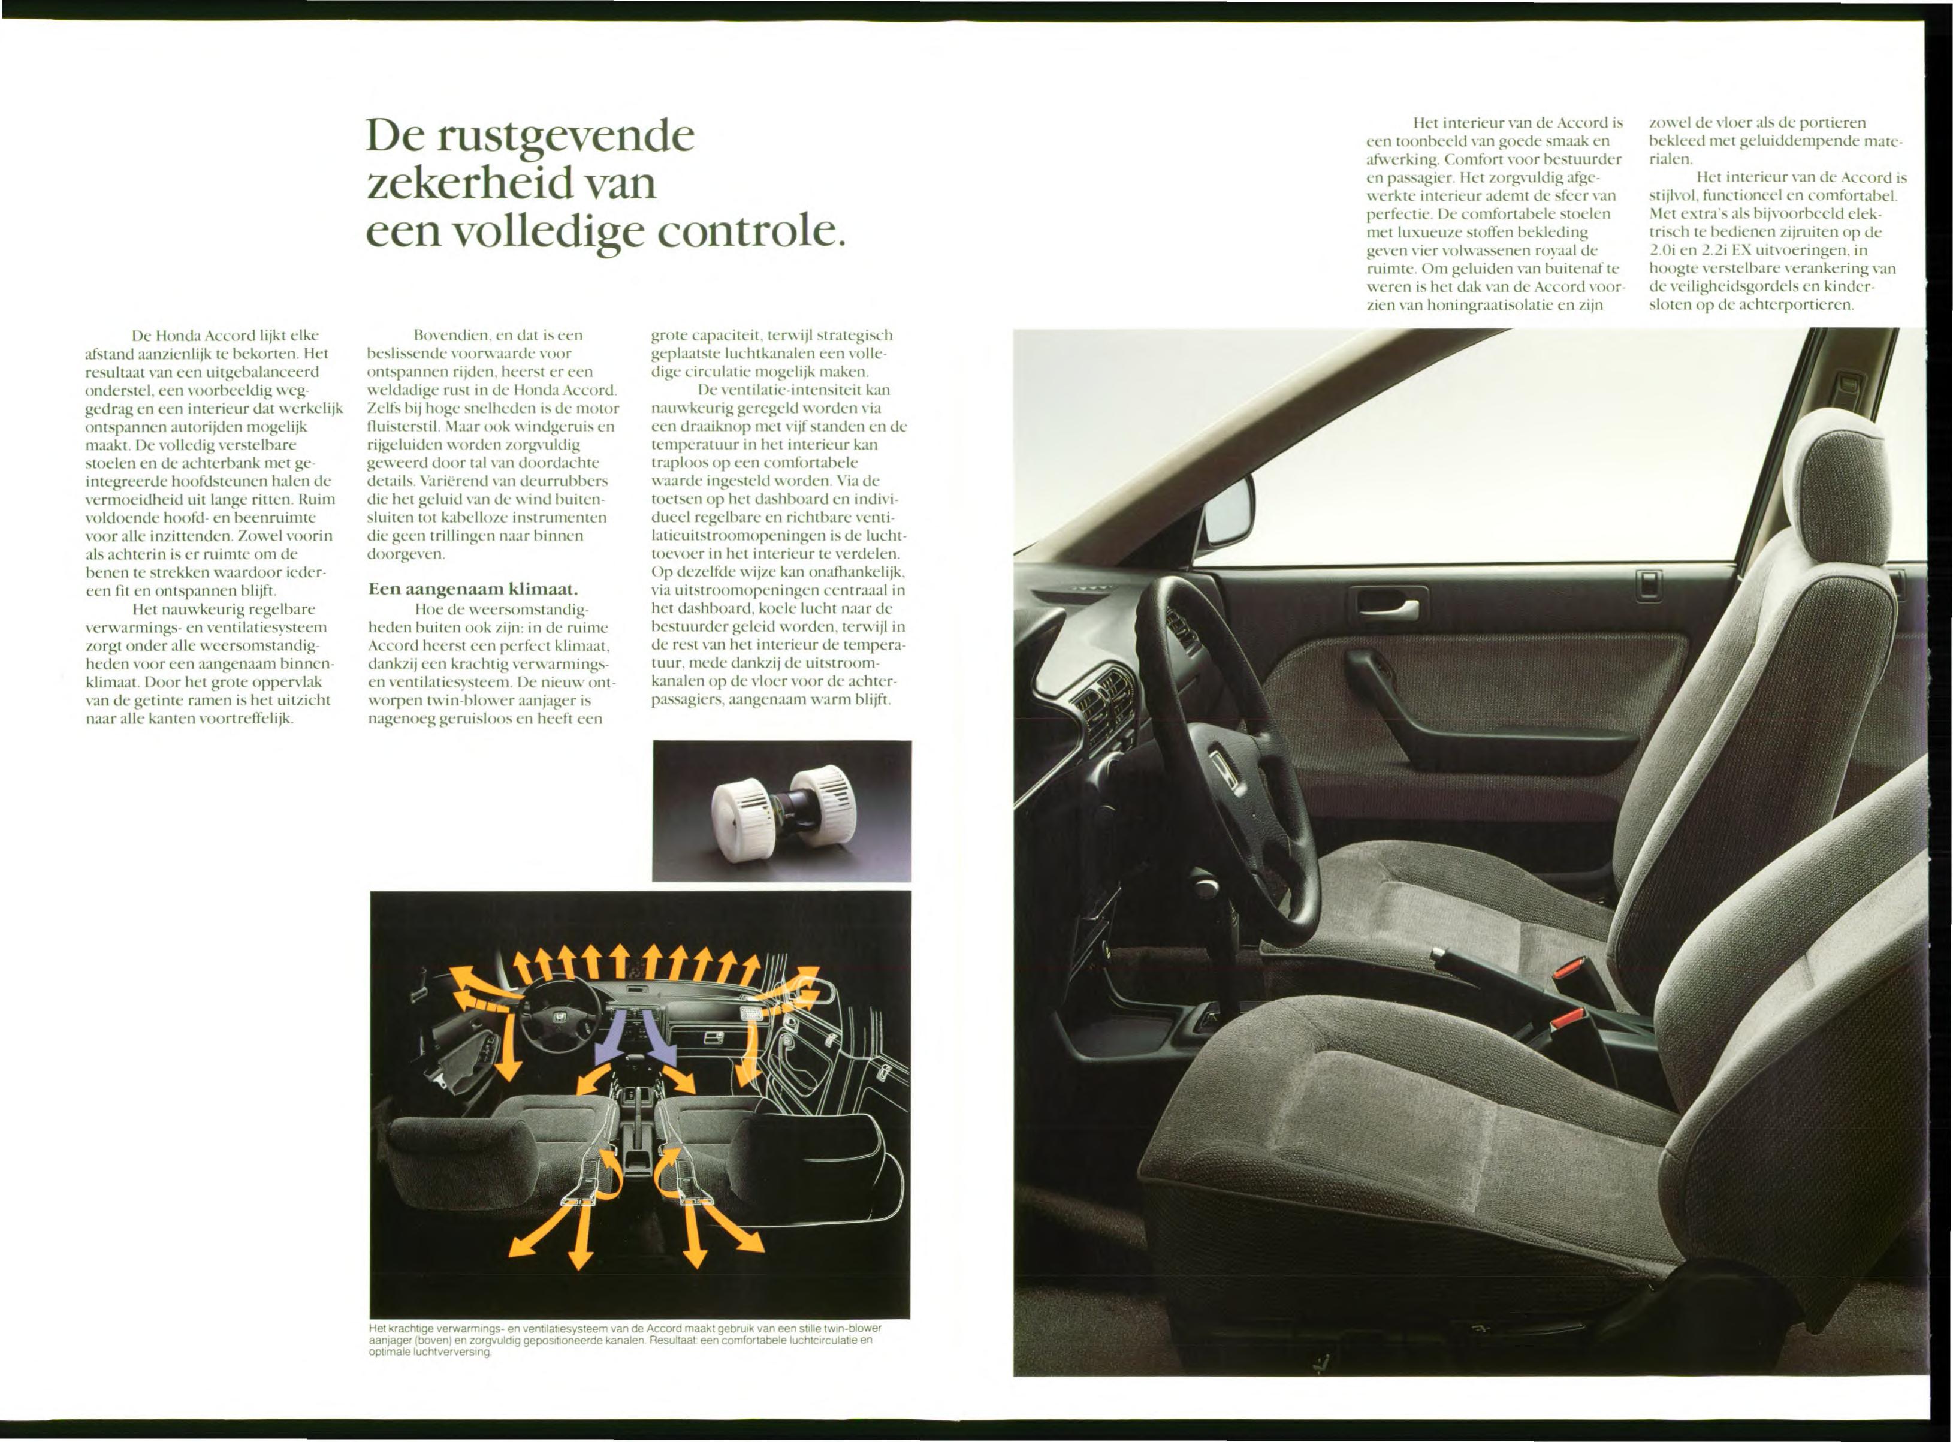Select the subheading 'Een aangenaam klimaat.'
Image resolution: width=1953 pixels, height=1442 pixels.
point(472,589)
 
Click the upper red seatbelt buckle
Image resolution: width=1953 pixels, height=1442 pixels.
point(1572,969)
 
